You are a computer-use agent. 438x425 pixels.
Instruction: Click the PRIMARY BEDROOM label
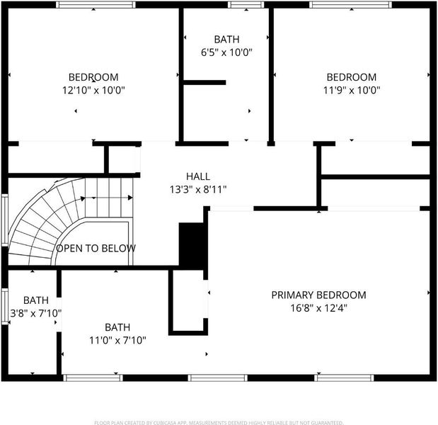(318, 295)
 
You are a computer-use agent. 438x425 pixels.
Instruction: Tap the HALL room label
(198, 176)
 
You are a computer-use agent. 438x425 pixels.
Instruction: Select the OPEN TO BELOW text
(96, 249)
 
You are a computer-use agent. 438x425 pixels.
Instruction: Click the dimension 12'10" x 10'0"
(93, 91)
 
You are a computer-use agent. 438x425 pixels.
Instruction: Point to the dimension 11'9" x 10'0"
(352, 91)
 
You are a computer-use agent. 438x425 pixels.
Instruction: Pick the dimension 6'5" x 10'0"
(226, 52)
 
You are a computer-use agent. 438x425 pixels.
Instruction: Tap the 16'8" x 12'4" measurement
(318, 308)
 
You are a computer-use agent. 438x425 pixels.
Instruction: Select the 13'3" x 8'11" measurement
(198, 190)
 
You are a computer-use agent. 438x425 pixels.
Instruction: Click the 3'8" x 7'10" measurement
(36, 313)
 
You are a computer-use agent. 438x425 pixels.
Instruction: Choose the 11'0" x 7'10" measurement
(117, 340)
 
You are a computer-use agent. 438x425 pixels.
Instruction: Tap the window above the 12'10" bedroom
(96, 5)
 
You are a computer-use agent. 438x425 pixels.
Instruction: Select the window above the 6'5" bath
(246, 5)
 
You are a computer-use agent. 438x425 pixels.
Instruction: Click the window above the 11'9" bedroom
(350, 5)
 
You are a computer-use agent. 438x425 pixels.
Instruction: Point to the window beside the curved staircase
(5, 220)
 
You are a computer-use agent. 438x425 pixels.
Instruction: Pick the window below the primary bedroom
(344, 378)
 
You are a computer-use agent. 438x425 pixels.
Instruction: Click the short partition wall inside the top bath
(204, 82)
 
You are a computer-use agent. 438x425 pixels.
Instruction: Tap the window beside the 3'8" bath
(5, 307)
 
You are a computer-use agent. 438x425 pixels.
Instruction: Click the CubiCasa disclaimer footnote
(219, 422)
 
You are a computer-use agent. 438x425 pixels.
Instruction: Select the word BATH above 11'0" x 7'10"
(117, 327)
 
